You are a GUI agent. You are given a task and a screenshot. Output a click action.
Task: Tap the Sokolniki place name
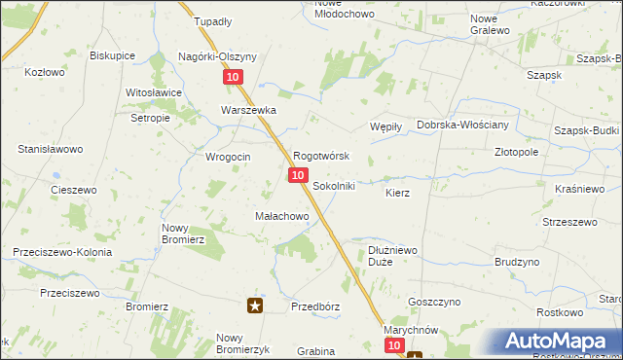[334, 186]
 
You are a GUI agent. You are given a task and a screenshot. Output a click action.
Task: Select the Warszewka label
[249, 111]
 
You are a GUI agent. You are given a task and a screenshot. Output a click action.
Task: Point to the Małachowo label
[281, 216]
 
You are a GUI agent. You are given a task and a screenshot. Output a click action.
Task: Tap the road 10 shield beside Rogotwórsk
[298, 174]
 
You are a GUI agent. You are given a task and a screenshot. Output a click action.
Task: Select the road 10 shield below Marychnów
[393, 345]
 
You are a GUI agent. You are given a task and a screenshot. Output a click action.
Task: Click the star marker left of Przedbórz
[256, 306]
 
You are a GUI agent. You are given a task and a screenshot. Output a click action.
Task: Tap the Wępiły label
[387, 126]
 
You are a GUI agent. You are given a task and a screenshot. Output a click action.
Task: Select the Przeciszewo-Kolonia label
[62, 252]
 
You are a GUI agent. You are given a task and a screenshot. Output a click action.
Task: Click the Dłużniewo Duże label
[393, 256]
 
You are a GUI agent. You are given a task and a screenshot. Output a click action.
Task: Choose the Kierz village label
[397, 194]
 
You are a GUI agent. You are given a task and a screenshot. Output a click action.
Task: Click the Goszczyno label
[432, 303]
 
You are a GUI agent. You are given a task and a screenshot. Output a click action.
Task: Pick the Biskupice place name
[113, 55]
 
